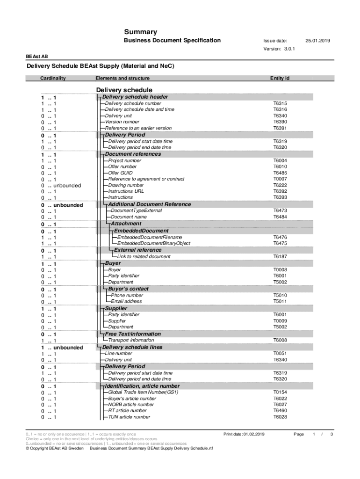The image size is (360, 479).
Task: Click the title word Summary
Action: pos(140,32)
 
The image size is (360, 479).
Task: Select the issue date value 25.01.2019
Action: pos(317,41)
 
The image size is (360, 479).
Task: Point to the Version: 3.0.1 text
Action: pos(279,49)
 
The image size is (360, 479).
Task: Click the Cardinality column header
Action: pos(53,78)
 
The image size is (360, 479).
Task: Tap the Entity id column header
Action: pos(280,78)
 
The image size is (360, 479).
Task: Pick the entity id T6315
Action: pos(280,103)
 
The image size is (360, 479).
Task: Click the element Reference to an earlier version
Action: pos(138,128)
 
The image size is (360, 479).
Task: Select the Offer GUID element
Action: pos(120,173)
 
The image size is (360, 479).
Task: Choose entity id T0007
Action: pos(280,179)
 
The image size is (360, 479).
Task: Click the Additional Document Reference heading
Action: pos(149,204)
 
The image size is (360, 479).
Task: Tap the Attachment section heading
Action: pos(126,224)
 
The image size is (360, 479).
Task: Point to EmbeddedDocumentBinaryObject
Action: pos(153,243)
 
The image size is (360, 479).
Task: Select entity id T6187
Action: pos(280,256)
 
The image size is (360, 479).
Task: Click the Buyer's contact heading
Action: pos(128,289)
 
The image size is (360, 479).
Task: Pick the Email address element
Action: pos(126,302)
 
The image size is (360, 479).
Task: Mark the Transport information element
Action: pos(130,340)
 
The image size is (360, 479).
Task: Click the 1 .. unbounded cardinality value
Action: pos(62,348)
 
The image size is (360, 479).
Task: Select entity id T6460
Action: pos(280,411)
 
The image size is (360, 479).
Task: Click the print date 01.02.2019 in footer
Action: pos(254,434)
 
